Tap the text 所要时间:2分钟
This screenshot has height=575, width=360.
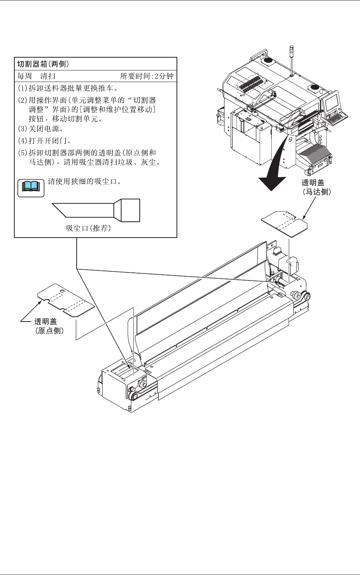[x=147, y=76]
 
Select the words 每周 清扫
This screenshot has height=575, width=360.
[x=37, y=76]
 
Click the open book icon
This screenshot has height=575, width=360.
[x=31, y=187]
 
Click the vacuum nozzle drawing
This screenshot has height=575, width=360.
[x=97, y=210]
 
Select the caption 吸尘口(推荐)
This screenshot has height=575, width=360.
[x=89, y=228]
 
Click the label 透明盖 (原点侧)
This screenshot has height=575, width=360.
[x=49, y=326]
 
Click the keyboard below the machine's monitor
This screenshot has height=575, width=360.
[x=336, y=117]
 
